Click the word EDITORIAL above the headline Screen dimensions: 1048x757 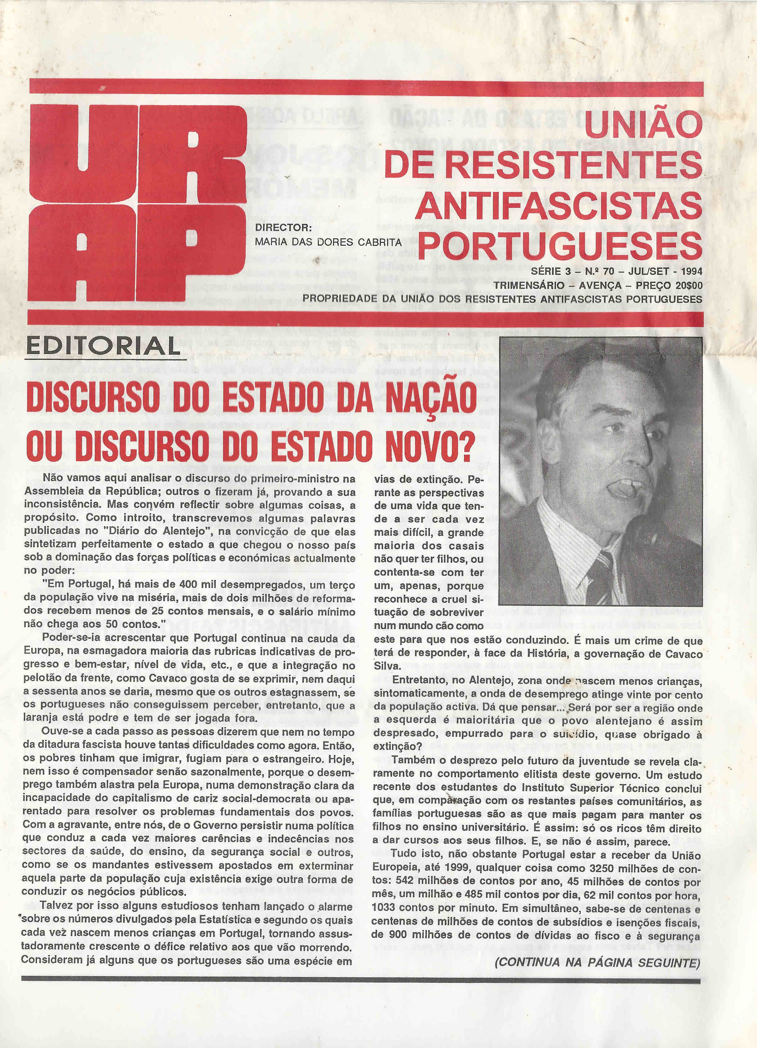[x=102, y=346]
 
